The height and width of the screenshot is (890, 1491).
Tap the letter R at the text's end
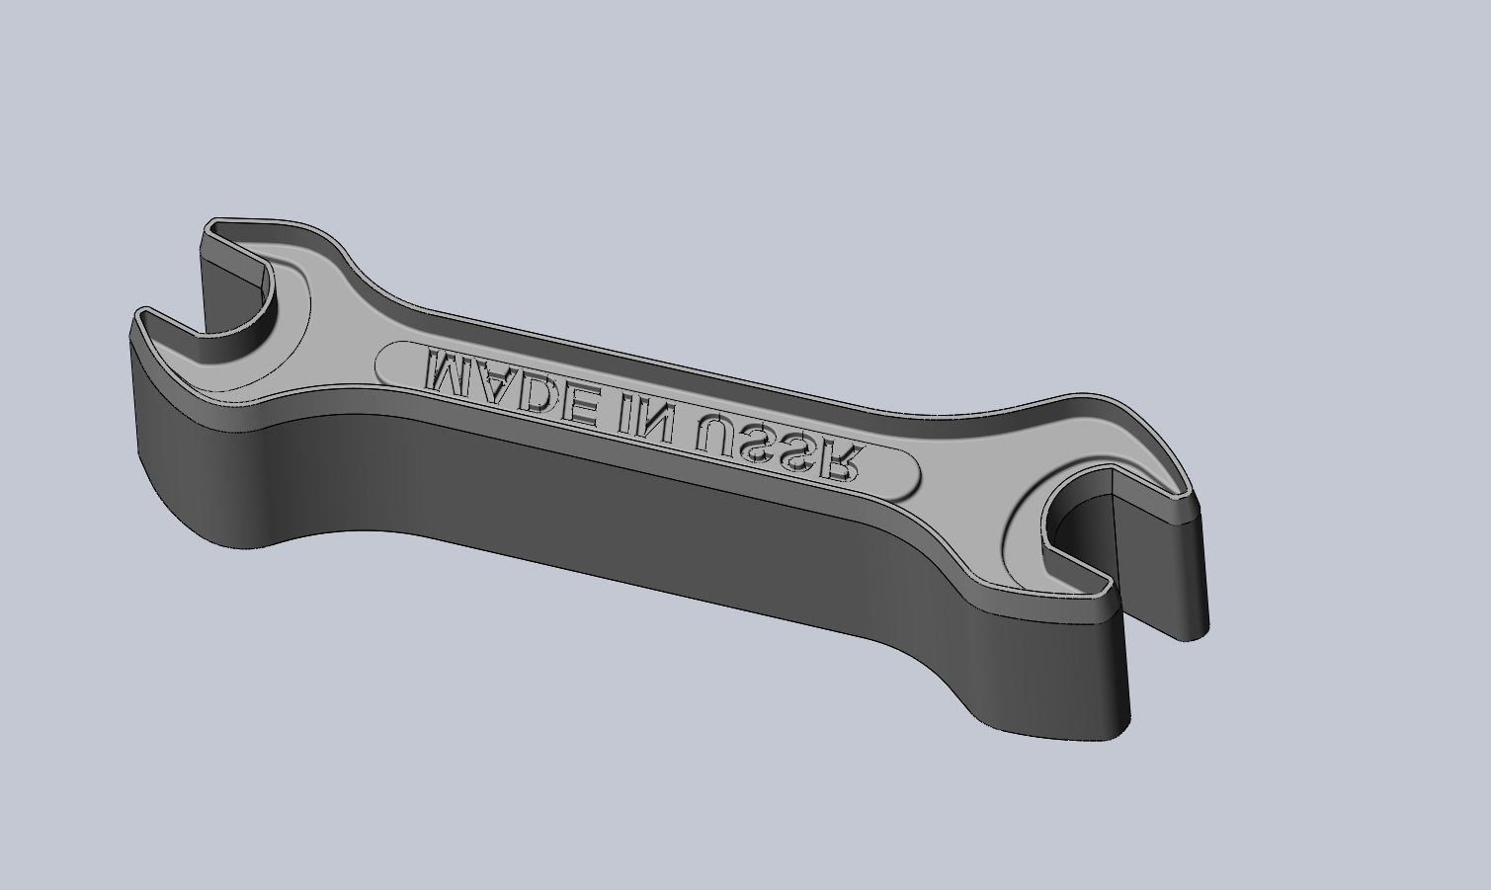(x=844, y=462)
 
